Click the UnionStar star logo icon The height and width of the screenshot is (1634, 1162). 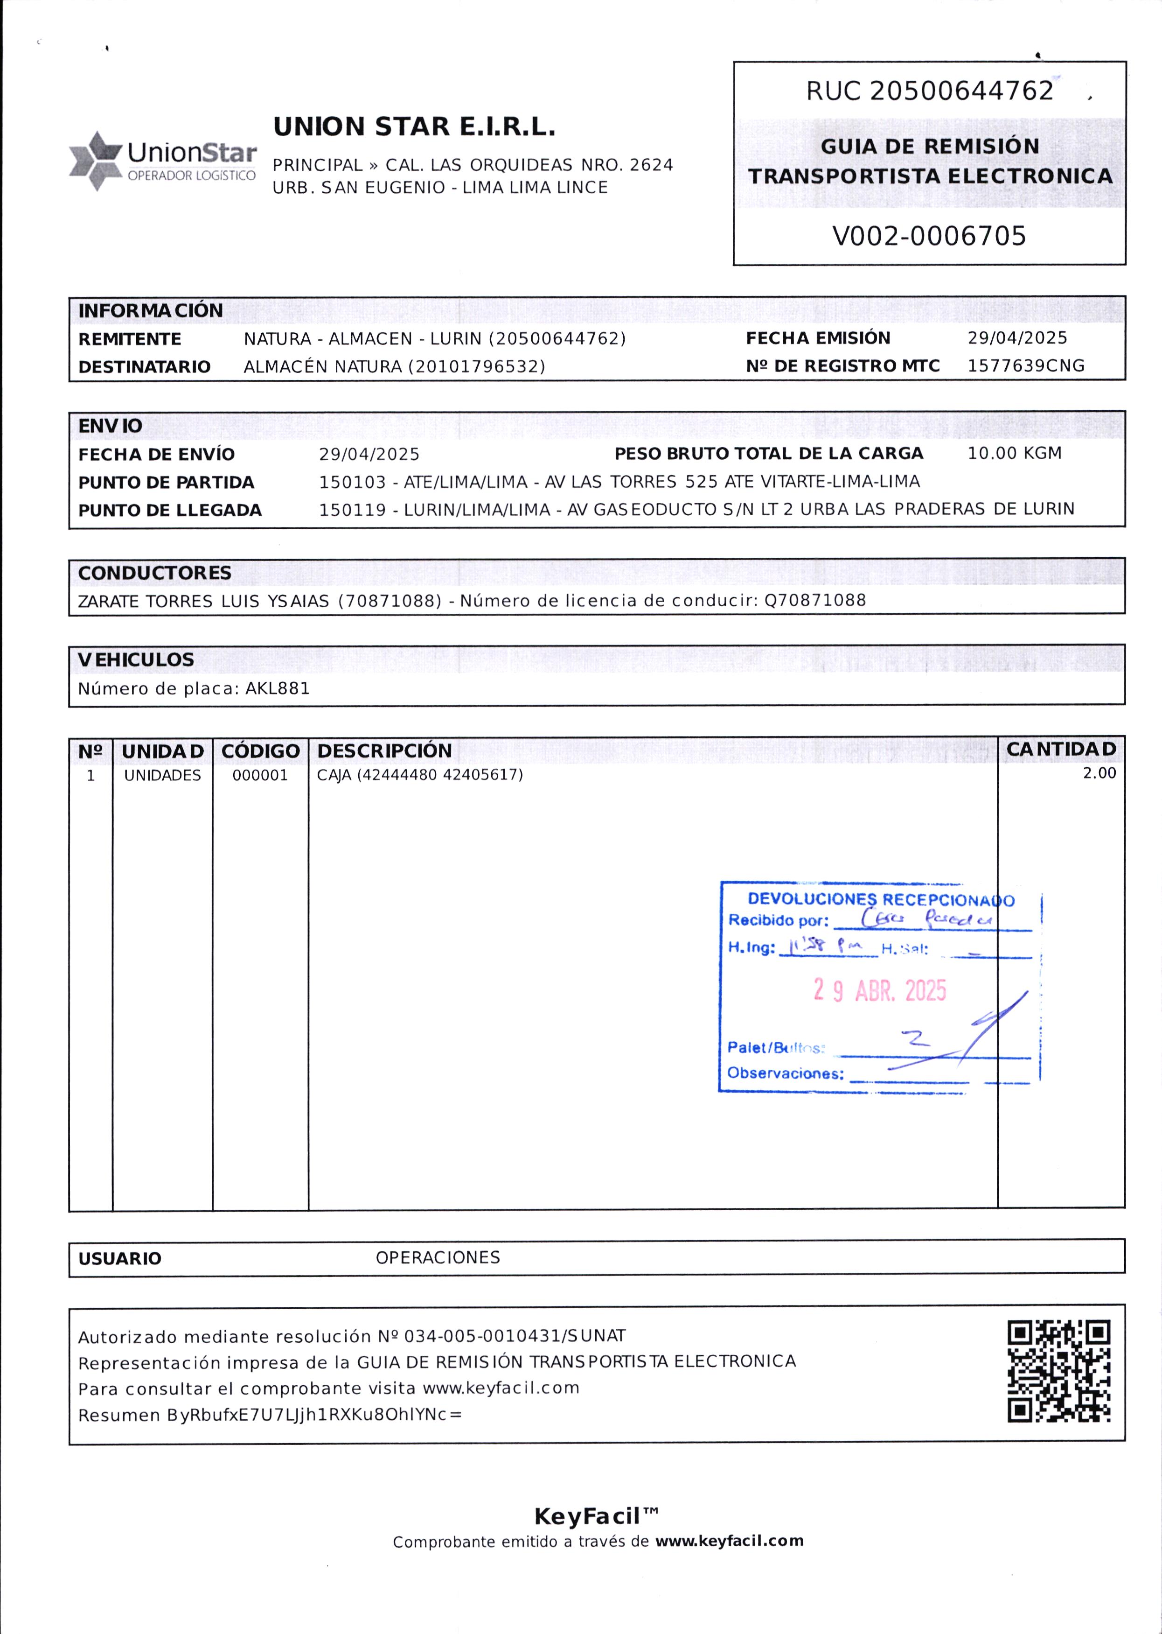tap(95, 161)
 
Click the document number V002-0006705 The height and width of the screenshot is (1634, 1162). tap(929, 236)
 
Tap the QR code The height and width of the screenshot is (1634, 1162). tap(1058, 1371)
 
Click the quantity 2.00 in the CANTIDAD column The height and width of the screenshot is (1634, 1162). tap(1099, 773)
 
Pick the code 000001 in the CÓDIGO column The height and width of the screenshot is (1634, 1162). tap(260, 775)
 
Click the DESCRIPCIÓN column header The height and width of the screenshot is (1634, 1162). tap(384, 751)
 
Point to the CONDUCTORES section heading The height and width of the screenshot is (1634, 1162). tap(154, 573)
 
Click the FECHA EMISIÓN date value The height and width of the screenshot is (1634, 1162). tap(1017, 338)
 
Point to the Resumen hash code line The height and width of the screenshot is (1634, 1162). tap(270, 1415)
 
